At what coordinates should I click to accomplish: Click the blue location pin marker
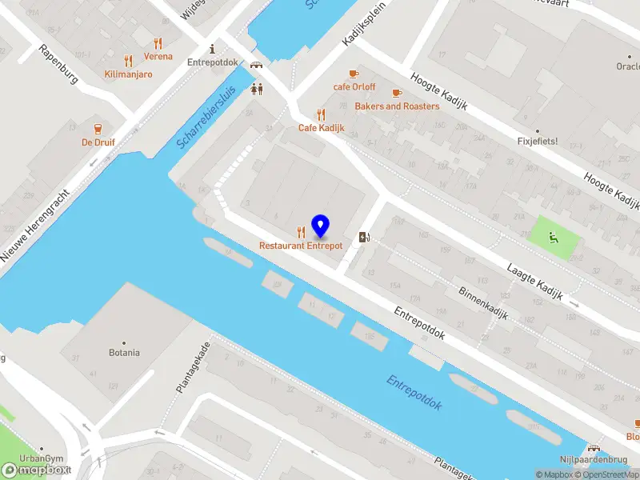click(x=320, y=226)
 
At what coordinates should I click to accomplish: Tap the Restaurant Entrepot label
click(x=301, y=246)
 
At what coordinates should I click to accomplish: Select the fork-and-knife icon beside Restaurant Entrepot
click(x=301, y=232)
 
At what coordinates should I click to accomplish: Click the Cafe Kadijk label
click(x=321, y=128)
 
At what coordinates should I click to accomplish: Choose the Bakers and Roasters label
click(x=397, y=106)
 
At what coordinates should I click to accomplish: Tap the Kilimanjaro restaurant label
click(x=128, y=74)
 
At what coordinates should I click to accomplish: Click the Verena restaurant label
click(x=158, y=57)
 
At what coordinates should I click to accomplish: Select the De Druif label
click(x=98, y=142)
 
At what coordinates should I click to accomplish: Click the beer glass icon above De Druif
click(x=98, y=129)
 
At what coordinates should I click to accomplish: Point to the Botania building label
click(x=124, y=353)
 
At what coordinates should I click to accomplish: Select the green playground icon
click(x=553, y=237)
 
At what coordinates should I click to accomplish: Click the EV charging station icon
click(x=364, y=237)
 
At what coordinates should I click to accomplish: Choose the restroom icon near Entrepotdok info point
click(x=257, y=90)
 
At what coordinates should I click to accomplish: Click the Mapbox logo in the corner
click(x=36, y=470)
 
